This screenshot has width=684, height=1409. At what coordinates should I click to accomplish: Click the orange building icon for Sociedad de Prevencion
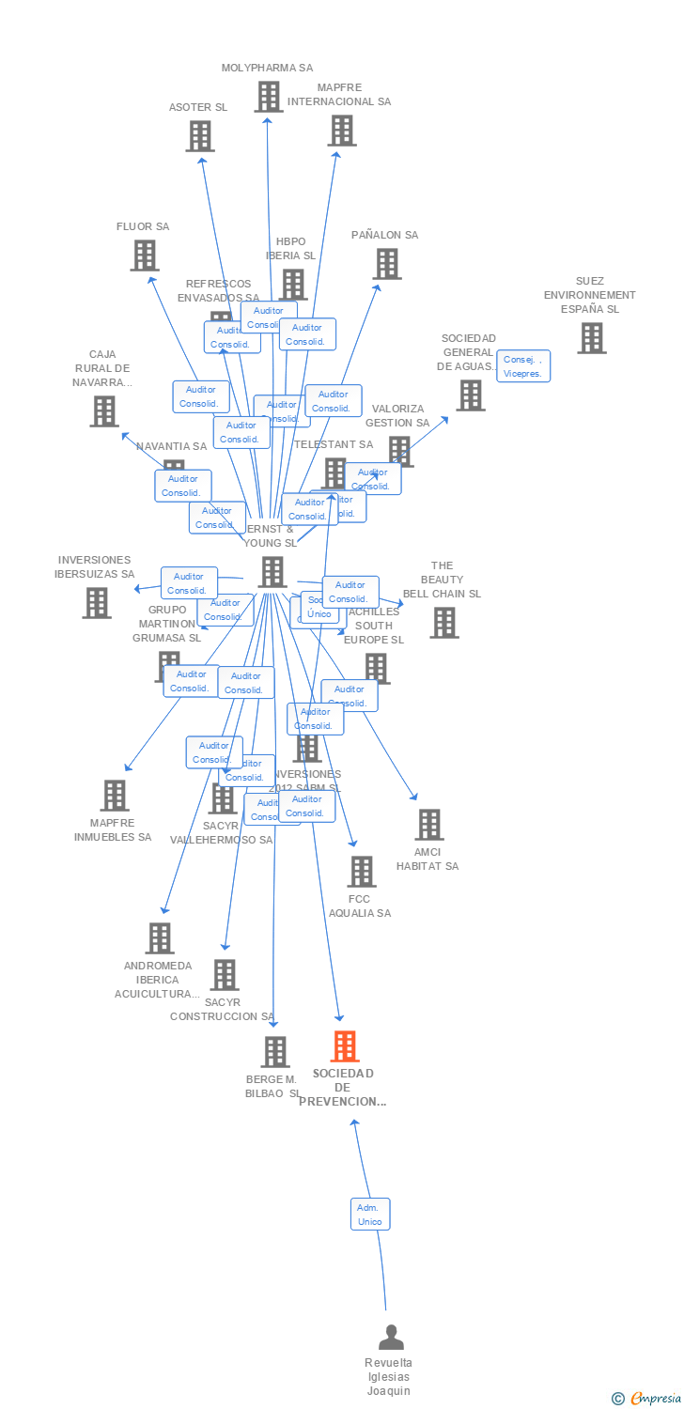click(x=345, y=1046)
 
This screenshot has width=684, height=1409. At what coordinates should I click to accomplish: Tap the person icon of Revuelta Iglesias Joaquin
click(x=391, y=1337)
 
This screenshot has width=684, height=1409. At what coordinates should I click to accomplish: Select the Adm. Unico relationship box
click(x=370, y=1215)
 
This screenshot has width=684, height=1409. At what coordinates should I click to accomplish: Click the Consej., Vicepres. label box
click(x=524, y=365)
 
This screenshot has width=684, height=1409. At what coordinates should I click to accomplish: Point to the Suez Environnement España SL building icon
click(x=591, y=338)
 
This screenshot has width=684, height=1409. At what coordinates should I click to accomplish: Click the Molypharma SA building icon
click(x=268, y=97)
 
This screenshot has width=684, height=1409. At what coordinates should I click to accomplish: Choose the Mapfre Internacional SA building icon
click(x=341, y=131)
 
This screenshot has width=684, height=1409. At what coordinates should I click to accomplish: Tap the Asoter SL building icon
click(x=199, y=136)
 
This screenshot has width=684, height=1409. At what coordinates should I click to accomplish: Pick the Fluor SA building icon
click(x=144, y=255)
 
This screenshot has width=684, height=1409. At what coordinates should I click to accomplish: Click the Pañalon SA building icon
click(x=387, y=264)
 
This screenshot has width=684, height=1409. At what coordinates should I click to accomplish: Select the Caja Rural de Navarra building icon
click(x=104, y=410)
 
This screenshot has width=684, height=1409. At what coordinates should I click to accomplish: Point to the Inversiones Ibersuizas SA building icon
click(x=96, y=603)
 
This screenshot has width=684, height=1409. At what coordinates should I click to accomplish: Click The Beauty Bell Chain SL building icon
click(x=443, y=622)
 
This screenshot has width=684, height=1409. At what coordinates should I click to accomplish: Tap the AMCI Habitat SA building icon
click(x=428, y=825)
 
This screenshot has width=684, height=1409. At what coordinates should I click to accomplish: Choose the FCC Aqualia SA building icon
click(x=361, y=872)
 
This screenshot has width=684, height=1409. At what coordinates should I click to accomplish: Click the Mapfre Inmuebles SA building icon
click(x=115, y=796)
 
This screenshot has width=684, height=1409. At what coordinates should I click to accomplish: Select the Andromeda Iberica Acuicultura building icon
click(x=160, y=938)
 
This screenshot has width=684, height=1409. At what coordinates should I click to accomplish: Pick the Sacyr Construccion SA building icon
click(x=224, y=975)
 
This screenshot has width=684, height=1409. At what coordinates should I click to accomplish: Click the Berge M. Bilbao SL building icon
click(x=274, y=1052)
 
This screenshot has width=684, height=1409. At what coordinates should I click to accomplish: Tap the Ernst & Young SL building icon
click(x=272, y=571)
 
